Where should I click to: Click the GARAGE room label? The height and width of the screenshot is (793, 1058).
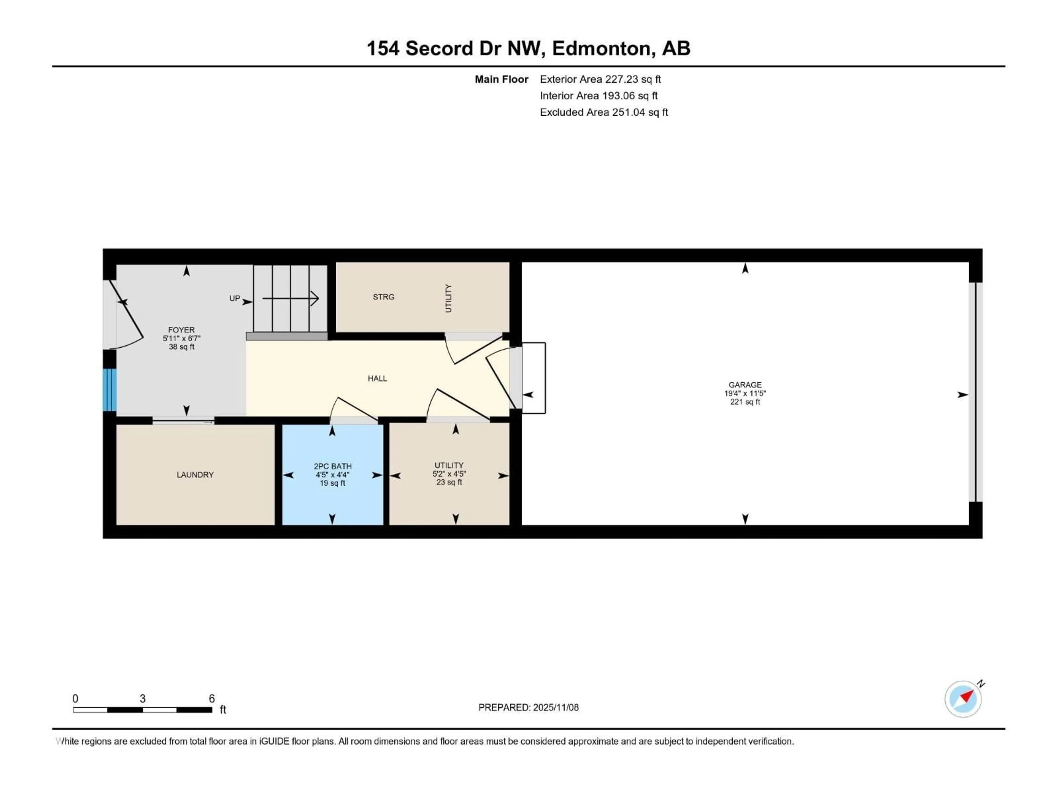(x=745, y=385)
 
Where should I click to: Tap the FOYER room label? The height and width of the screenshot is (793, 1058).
(x=181, y=330)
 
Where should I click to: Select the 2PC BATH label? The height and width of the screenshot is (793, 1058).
(x=333, y=466)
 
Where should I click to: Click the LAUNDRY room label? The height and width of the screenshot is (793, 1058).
(x=195, y=475)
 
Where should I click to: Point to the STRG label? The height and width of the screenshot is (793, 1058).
(x=384, y=297)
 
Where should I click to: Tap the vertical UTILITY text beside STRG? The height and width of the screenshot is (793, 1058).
(x=448, y=298)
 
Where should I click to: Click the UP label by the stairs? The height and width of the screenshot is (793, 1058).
(x=234, y=298)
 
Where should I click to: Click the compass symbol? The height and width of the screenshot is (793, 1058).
(x=963, y=699)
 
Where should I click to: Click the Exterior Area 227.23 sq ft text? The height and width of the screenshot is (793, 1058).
(x=600, y=79)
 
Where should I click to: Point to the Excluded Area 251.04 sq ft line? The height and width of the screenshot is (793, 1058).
(x=604, y=112)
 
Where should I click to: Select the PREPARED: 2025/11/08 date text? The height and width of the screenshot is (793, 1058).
(x=528, y=707)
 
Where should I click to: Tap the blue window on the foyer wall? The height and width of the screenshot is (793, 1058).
(x=110, y=390)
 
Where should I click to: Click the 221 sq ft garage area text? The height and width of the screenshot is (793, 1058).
(x=745, y=402)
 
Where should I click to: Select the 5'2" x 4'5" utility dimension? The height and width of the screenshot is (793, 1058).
(x=449, y=474)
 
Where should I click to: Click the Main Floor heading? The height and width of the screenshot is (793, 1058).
(x=501, y=79)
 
